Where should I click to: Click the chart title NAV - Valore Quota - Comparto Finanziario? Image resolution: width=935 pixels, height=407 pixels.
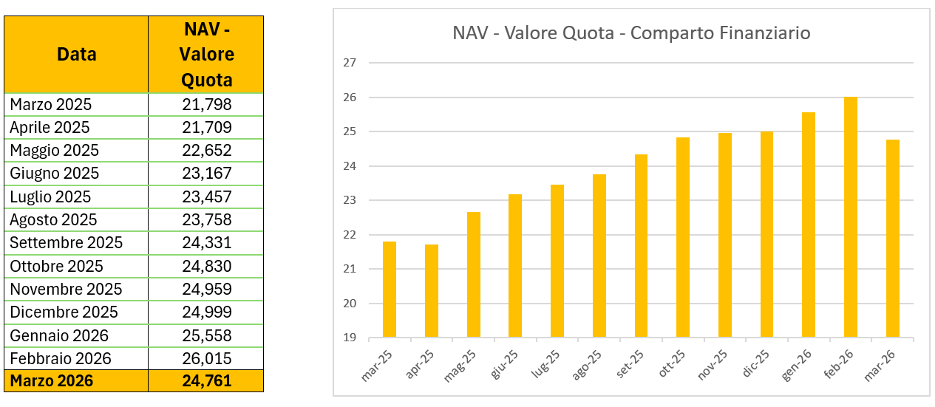[630, 34]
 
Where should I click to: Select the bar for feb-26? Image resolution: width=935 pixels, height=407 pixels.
[851, 217]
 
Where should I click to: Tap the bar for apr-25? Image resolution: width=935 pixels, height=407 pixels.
[432, 291]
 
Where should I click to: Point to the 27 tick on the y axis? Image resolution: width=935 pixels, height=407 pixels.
[349, 63]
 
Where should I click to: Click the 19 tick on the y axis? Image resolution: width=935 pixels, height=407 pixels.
[349, 338]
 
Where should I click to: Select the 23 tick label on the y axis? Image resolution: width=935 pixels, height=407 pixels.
[349, 200]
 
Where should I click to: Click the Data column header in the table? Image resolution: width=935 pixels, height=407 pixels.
[77, 55]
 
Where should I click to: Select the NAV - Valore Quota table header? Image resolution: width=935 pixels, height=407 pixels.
[207, 55]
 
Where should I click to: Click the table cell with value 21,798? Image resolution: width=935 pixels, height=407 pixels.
[207, 104]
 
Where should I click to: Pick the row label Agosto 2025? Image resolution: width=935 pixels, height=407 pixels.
[53, 219]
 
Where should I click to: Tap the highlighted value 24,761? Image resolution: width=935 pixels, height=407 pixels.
[207, 381]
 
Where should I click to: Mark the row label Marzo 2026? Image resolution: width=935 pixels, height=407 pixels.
[52, 381]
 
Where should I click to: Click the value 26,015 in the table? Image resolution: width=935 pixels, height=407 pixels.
[207, 358]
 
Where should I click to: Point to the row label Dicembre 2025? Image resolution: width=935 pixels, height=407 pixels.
[64, 312]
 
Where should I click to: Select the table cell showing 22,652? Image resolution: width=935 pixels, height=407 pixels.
[207, 151]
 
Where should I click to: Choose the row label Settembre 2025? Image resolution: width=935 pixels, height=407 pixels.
[67, 243]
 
